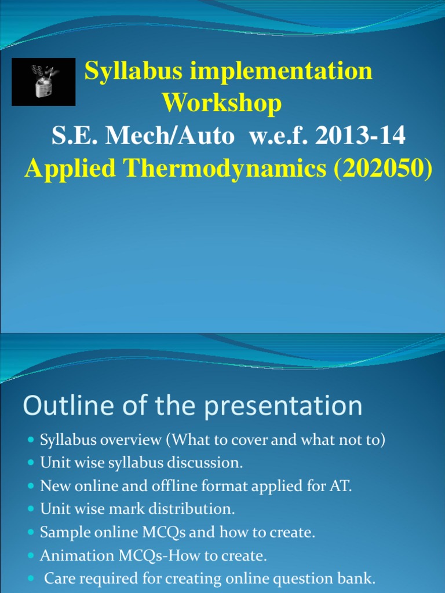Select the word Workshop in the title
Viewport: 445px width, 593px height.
pyautogui.click(x=222, y=103)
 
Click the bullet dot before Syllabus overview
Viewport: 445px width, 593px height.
pyautogui.click(x=31, y=441)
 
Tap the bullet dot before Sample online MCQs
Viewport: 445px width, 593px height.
pyautogui.click(x=31, y=533)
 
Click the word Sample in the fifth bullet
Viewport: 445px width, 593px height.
pyautogui.click(x=60, y=533)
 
